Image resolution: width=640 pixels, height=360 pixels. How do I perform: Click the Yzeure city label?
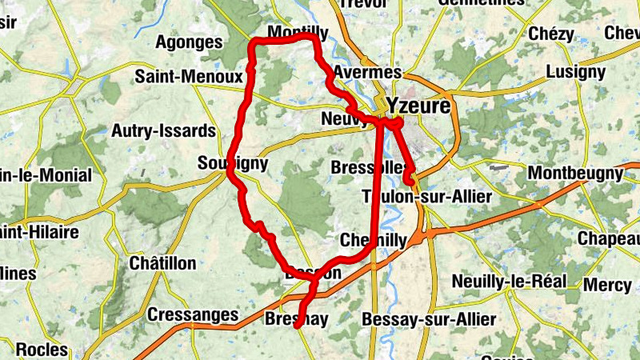click(418, 106)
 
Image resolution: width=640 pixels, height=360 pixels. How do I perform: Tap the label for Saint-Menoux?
click(189, 77)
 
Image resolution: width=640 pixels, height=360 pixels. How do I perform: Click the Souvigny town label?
click(232, 164)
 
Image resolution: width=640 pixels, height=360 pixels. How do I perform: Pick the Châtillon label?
click(162, 262)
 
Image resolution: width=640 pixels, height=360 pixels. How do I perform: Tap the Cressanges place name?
click(193, 315)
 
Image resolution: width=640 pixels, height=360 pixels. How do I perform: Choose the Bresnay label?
click(296, 320)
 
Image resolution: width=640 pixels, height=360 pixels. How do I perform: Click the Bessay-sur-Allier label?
click(429, 320)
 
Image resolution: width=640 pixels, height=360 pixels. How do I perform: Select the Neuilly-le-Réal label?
click(509, 281)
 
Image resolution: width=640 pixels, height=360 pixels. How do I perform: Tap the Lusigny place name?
click(575, 72)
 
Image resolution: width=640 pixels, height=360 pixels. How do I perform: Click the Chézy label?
click(551, 34)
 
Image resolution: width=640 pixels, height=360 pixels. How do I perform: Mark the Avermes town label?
click(360, 72)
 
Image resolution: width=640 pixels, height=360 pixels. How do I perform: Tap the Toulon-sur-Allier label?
click(426, 197)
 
